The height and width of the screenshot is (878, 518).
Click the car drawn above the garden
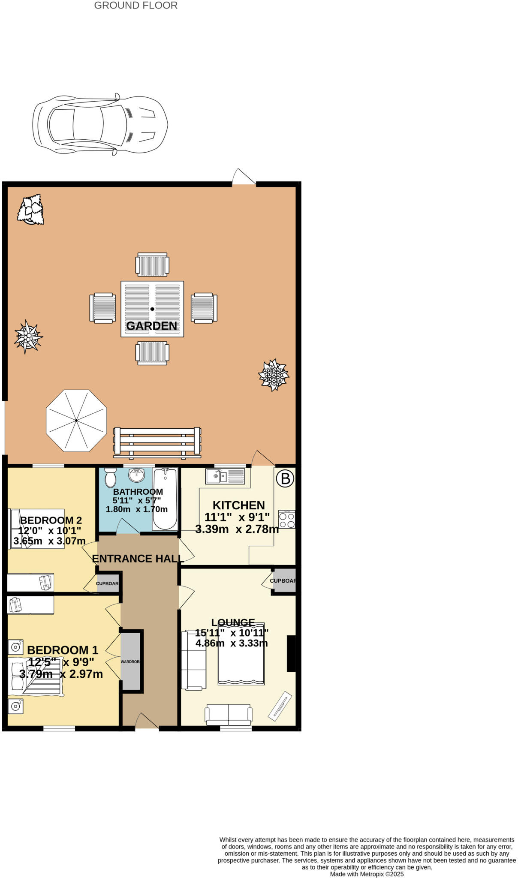(100, 124)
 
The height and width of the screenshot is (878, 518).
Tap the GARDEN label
(151, 326)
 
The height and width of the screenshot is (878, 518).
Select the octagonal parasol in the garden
(76, 420)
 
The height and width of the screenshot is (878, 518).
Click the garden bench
(157, 442)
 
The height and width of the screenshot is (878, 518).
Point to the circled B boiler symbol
(285, 478)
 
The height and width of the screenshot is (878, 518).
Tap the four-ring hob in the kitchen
(286, 520)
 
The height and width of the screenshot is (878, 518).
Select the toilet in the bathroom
(110, 477)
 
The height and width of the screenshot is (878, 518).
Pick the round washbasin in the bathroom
(137, 475)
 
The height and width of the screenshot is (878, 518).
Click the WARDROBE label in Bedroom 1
(131, 662)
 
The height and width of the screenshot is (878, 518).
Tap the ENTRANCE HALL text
(138, 559)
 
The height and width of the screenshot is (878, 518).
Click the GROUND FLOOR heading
(136, 6)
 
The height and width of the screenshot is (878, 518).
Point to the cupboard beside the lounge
(284, 581)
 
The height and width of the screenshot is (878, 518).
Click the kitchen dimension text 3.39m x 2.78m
(237, 529)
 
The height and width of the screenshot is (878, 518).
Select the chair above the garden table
(152, 265)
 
